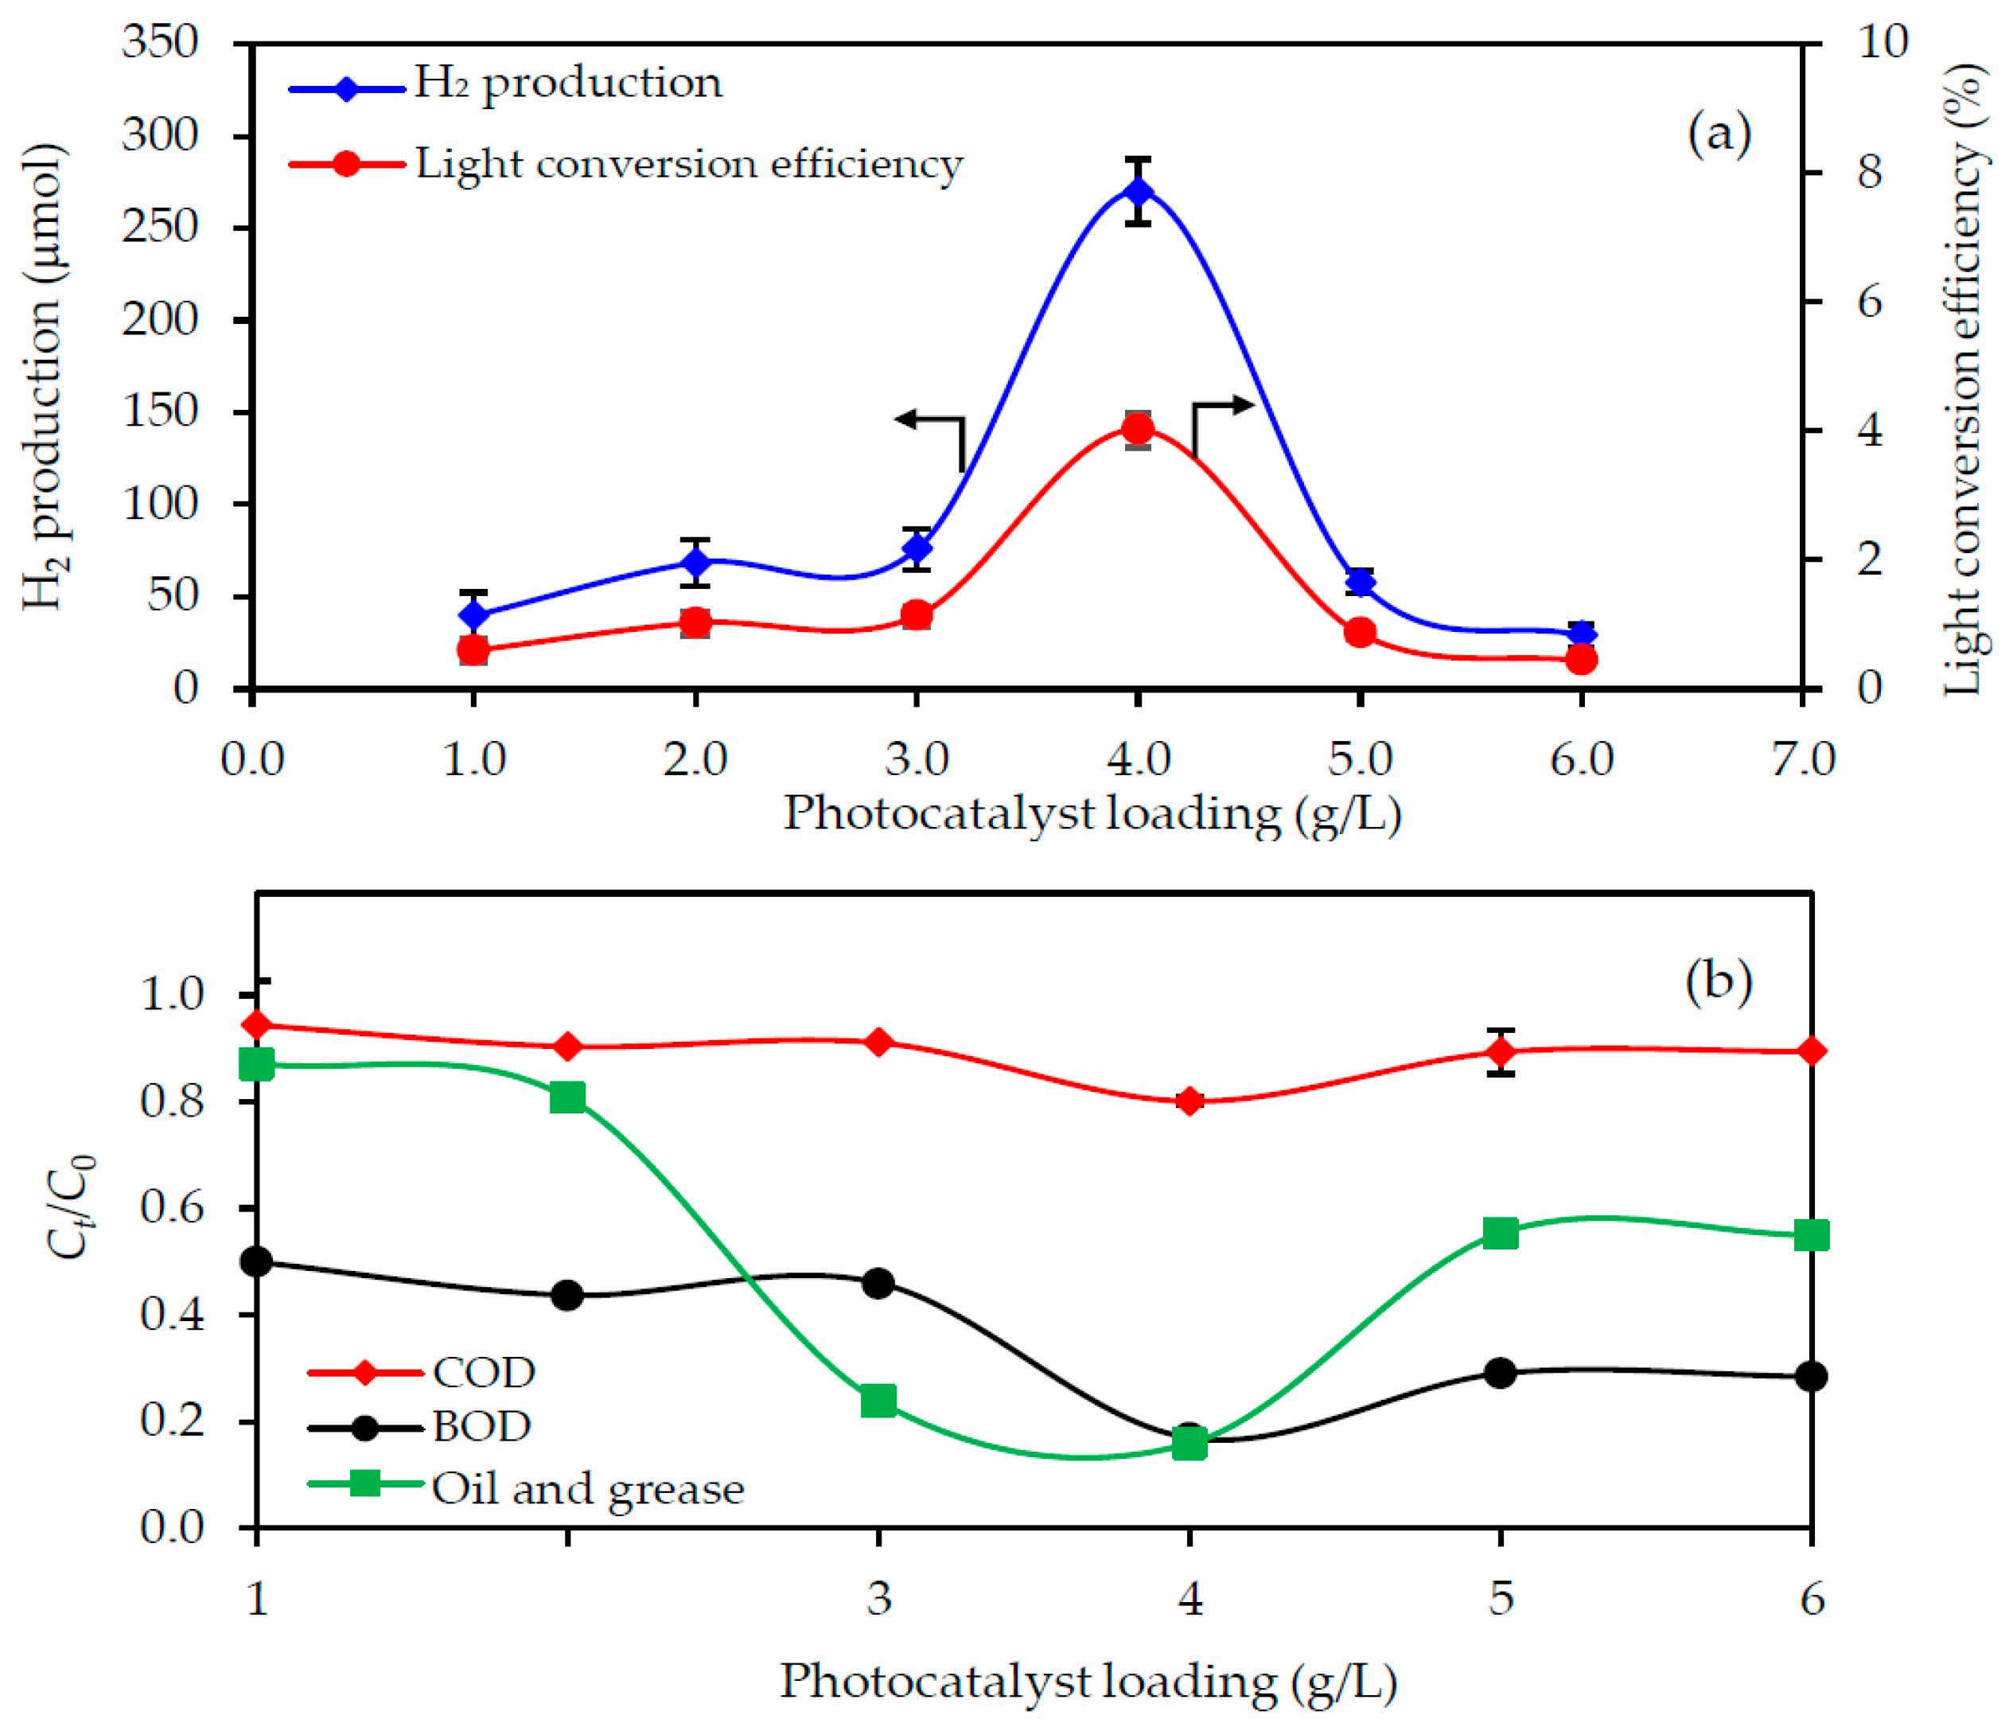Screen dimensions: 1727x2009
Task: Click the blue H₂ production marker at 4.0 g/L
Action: pos(1139,191)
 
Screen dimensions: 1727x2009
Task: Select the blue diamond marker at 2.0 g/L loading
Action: pos(695,563)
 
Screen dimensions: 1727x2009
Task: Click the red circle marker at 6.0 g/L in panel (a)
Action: pos(1582,660)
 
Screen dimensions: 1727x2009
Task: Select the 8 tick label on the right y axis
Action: pos(1870,173)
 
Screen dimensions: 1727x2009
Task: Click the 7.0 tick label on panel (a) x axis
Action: pos(1804,758)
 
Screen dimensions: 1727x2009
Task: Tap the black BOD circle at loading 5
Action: pos(1500,1373)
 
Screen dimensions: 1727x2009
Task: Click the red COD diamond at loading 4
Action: pos(1189,1101)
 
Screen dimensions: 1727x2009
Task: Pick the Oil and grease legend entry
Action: pos(586,1488)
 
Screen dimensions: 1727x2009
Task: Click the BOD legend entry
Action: pos(481,1426)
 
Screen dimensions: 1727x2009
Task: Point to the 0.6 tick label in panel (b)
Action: pos(173,1207)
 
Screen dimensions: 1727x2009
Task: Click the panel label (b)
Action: pos(1718,982)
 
